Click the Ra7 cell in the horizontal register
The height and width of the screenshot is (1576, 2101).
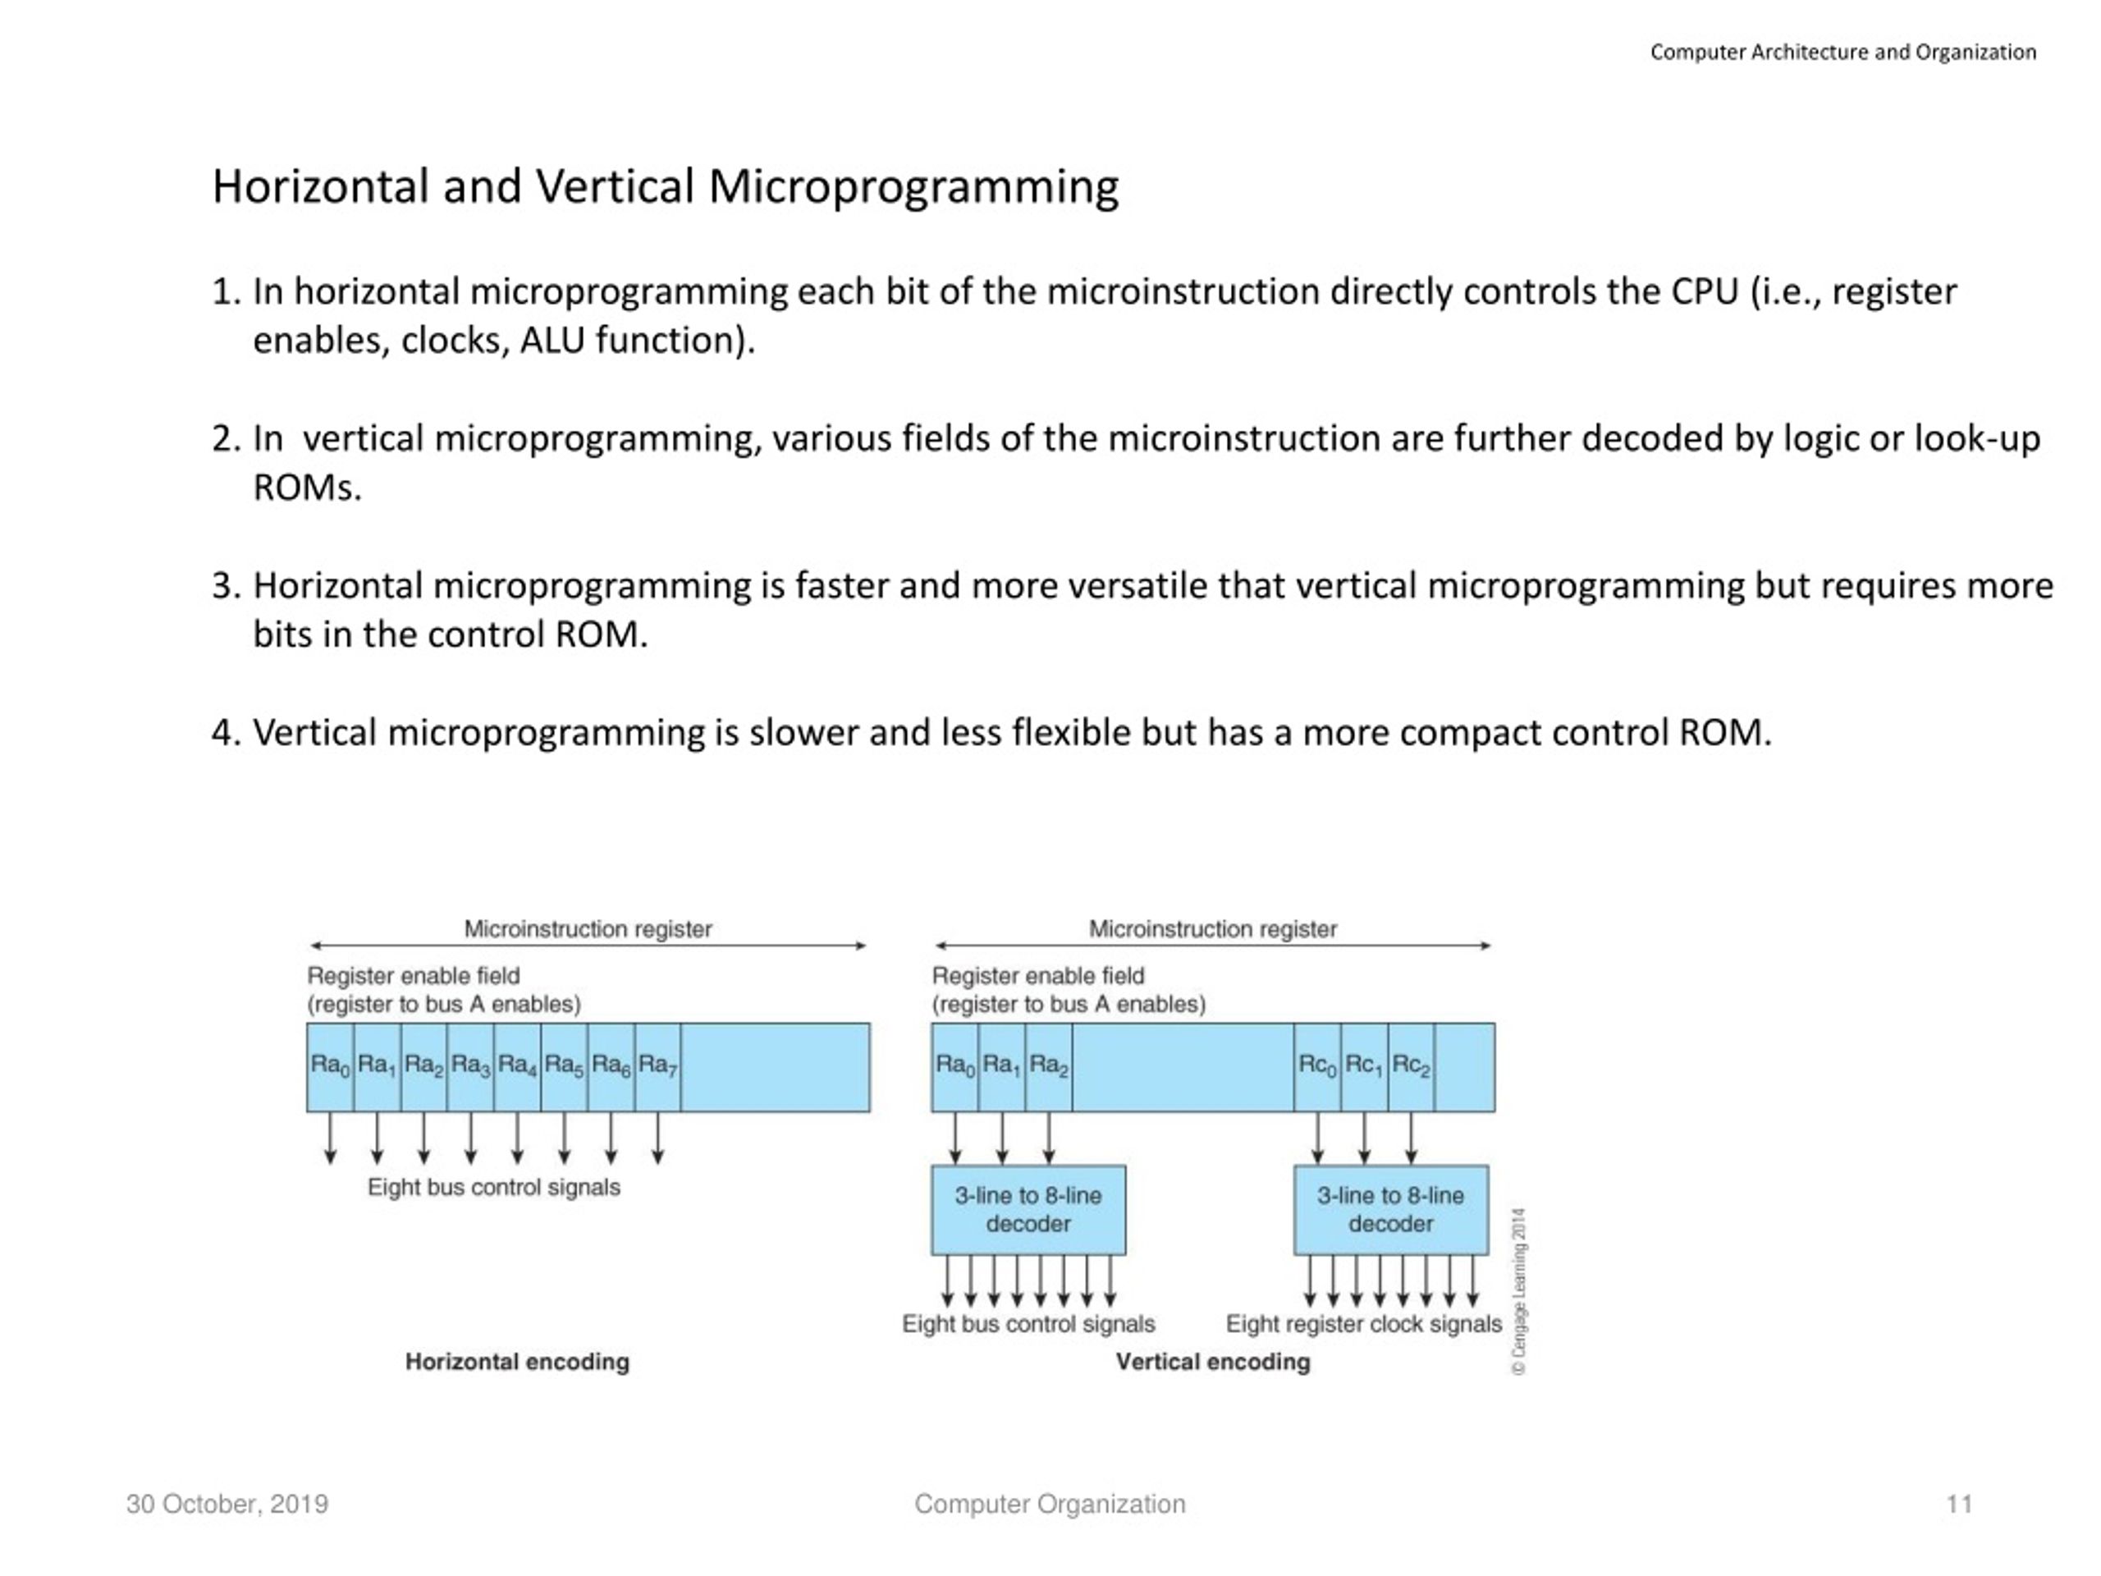[657, 1067]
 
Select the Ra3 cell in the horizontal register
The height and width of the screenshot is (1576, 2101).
[470, 1067]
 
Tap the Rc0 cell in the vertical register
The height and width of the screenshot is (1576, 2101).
[1317, 1067]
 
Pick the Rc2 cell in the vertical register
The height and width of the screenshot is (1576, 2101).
[1412, 1067]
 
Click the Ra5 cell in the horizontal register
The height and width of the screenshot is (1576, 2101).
[564, 1067]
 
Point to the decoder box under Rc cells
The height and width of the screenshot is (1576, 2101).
[1390, 1210]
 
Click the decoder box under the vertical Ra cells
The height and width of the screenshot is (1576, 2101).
[1028, 1210]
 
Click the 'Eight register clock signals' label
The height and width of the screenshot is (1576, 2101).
[1364, 1324]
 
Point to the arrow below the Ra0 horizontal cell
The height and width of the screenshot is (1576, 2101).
[331, 1138]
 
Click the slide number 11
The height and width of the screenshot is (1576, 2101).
[1960, 1505]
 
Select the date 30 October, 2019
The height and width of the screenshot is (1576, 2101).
[227, 1505]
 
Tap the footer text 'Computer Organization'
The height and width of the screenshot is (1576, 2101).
[1050, 1505]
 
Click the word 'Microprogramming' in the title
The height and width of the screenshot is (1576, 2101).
[913, 186]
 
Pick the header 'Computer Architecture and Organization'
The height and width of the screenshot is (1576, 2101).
[1842, 53]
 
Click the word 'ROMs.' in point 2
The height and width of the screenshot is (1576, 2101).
[307, 488]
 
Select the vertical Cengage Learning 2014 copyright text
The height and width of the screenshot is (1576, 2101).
[1520, 1291]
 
